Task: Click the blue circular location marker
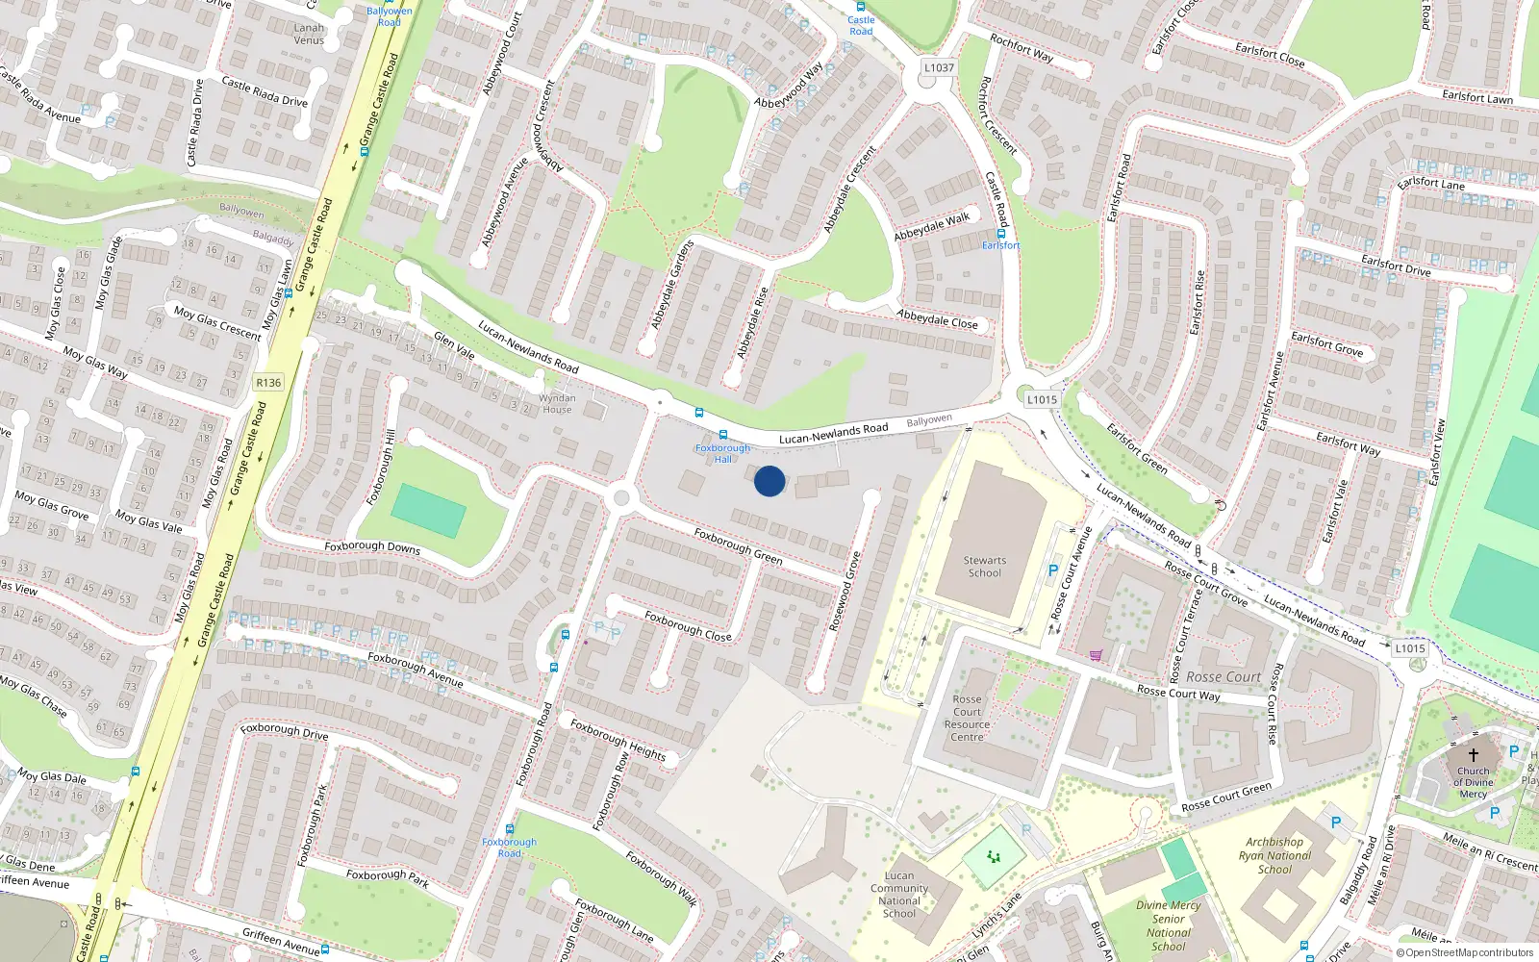(769, 481)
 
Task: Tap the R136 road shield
(268, 383)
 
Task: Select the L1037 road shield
(939, 67)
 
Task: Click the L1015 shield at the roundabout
(1042, 399)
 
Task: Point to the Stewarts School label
(985, 567)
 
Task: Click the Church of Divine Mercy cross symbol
(1473, 755)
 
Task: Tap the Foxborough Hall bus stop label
(722, 453)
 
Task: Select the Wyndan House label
(557, 403)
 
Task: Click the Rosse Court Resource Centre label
(968, 718)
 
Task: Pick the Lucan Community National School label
(899, 895)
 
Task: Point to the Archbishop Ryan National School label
(1274, 855)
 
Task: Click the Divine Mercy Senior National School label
(1168, 925)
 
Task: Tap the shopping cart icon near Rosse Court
(1096, 655)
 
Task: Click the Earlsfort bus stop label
(1001, 245)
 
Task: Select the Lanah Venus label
(309, 34)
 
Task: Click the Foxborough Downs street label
(372, 546)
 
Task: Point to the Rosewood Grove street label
(845, 591)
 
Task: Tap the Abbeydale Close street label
(937, 319)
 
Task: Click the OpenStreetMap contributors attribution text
(1464, 952)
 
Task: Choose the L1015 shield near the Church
(1410, 648)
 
